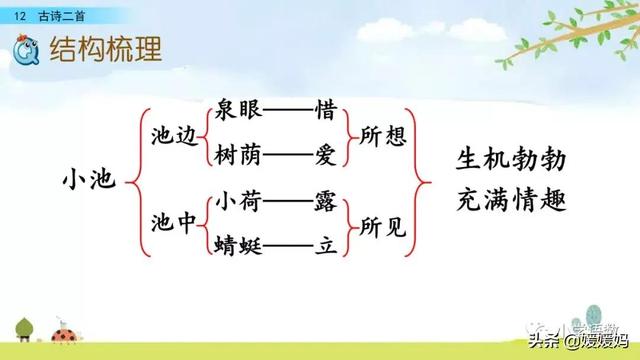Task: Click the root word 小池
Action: click(x=88, y=181)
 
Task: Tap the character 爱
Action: click(x=325, y=155)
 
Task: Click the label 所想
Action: click(x=383, y=133)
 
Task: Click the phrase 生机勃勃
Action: click(x=511, y=159)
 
